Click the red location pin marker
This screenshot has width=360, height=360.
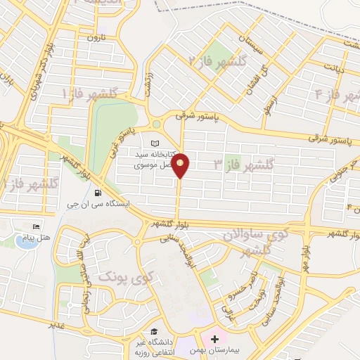[181, 165]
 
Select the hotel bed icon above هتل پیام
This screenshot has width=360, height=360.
[37, 227]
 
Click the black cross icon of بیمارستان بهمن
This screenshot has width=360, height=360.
[214, 340]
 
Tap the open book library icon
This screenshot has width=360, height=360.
[155, 143]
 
